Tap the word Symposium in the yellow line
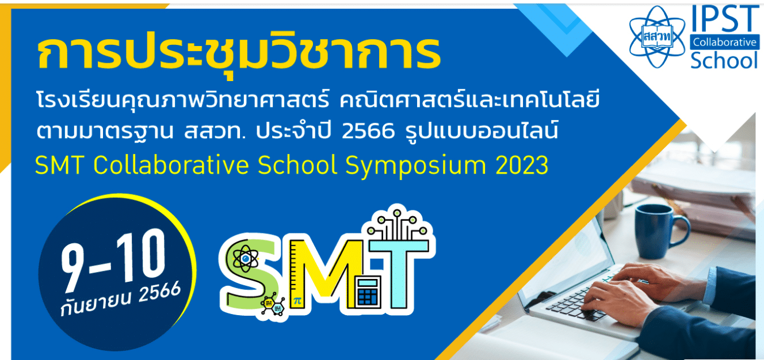[416, 166]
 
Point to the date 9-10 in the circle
[113, 261]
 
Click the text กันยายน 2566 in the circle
[120, 299]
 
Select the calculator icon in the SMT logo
[368, 292]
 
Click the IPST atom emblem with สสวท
[657, 36]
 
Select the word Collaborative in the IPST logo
[724, 43]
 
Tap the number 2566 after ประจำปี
[368, 131]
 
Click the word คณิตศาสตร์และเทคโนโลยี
[469, 101]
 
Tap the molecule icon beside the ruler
[273, 305]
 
